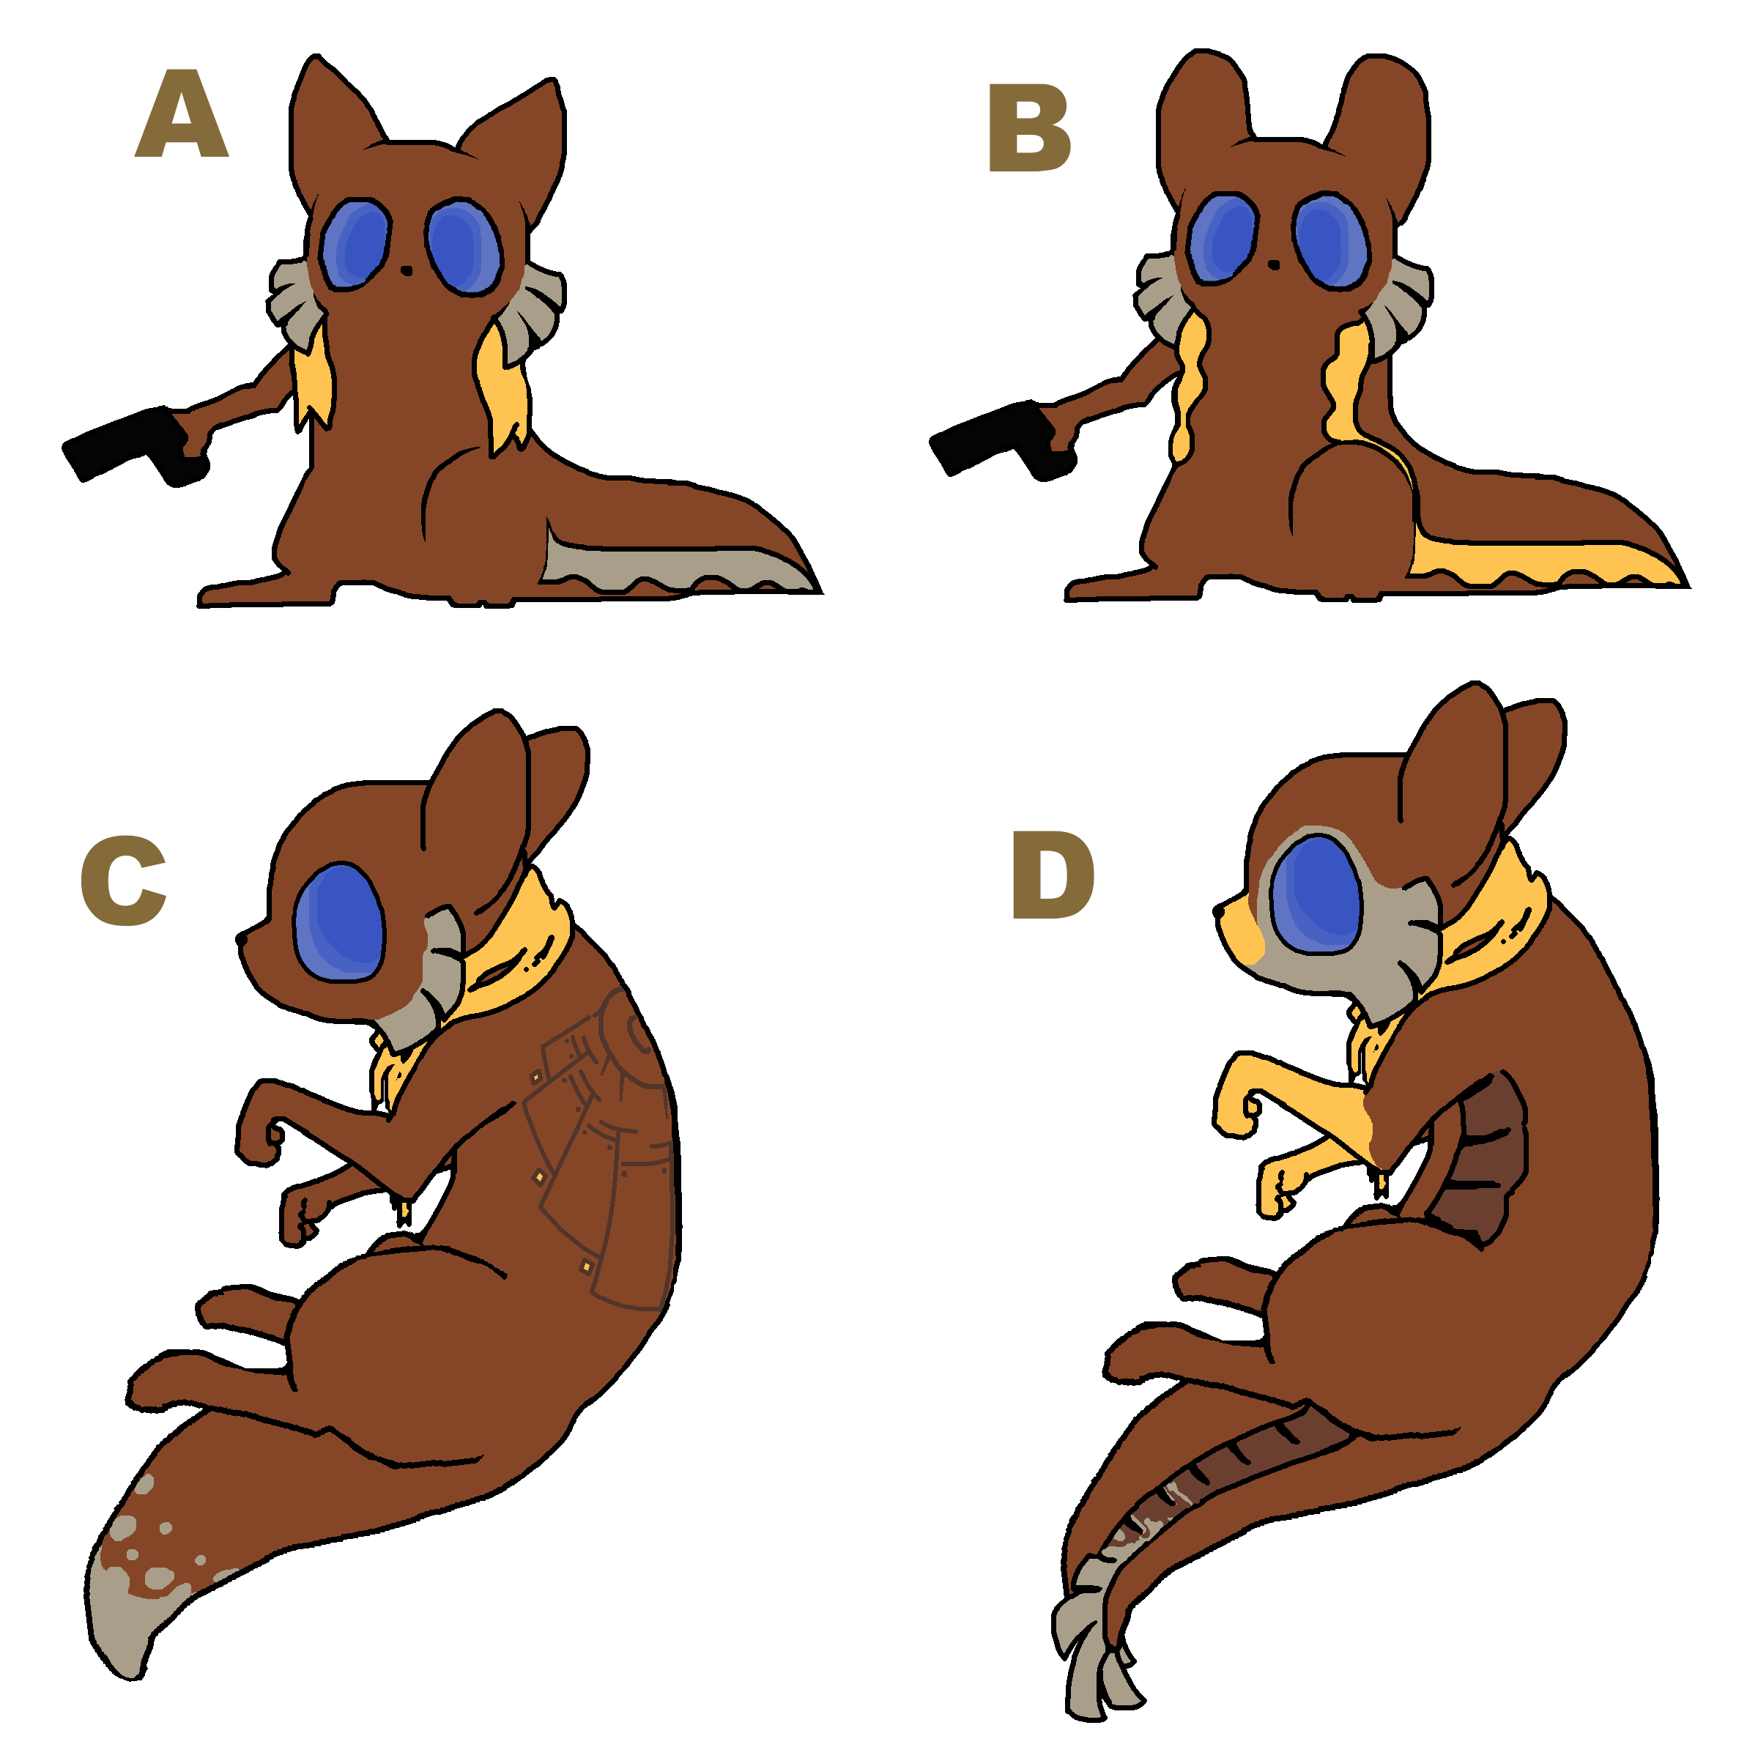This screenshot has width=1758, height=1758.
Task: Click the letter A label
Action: click(181, 114)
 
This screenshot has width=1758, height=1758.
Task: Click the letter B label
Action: click(1029, 127)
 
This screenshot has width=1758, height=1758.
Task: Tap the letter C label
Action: click(124, 880)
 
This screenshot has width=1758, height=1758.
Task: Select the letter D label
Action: click(1053, 875)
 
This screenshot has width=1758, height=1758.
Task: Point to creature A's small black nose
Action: click(406, 270)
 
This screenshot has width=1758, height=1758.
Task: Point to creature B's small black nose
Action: click(1274, 264)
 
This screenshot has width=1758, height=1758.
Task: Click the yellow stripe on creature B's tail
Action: click(1538, 561)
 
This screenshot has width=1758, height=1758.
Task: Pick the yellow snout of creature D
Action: click(1239, 928)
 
